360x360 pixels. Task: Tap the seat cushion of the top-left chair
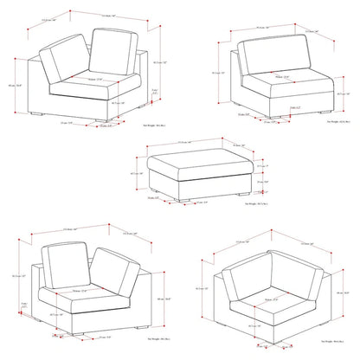pos(82,85)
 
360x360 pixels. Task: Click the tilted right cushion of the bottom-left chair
pos(112,270)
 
